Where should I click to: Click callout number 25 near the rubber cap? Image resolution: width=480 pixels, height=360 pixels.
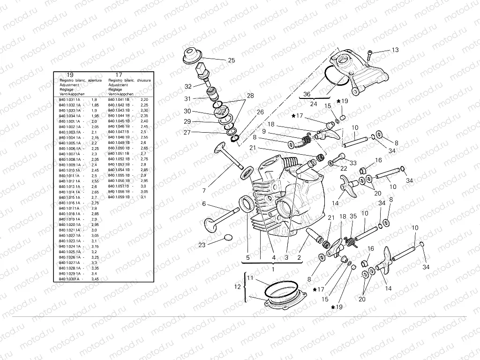[x=231, y=60]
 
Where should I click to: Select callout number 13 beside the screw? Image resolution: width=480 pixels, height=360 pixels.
[x=395, y=50]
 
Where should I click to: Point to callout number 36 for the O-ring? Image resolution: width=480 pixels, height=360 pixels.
[x=307, y=94]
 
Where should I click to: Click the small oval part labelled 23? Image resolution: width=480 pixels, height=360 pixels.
[x=228, y=237]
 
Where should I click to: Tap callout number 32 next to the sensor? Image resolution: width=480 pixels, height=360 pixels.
[x=188, y=86]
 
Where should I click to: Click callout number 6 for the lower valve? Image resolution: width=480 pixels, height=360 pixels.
[x=204, y=203]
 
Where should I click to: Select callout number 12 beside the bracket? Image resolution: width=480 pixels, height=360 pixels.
[x=237, y=286]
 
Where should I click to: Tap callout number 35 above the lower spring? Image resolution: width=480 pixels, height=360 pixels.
[x=353, y=216]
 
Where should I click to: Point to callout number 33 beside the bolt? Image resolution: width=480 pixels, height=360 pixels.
[x=352, y=163]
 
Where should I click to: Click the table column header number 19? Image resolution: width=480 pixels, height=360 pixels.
[x=70, y=75]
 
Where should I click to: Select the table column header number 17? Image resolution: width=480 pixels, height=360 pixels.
[x=119, y=75]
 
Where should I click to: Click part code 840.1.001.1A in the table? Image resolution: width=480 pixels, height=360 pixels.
[x=70, y=121]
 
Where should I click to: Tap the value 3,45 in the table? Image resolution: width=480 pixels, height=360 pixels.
[x=95, y=278]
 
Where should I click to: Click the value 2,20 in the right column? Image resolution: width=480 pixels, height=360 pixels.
[x=144, y=99]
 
